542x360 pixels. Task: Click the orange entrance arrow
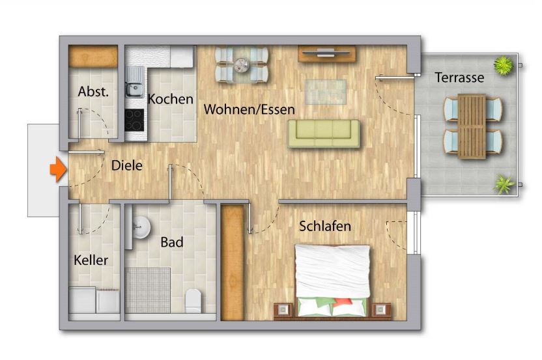coord(57,170)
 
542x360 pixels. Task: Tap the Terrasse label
coord(459,78)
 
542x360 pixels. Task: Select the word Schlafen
coord(325,227)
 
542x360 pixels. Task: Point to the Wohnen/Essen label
coord(249,109)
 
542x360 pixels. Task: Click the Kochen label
coord(170,100)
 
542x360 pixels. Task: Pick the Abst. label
coord(93,92)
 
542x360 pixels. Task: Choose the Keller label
coord(91,260)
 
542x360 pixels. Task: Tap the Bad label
coord(172,243)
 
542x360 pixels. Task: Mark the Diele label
coord(126,165)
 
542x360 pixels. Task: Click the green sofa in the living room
coord(324,133)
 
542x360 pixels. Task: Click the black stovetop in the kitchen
coord(134,120)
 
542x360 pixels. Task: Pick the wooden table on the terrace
coord(472,126)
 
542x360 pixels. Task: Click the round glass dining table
coord(242,64)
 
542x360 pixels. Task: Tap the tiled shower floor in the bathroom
coord(147,290)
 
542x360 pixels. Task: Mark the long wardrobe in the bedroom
coord(233,262)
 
